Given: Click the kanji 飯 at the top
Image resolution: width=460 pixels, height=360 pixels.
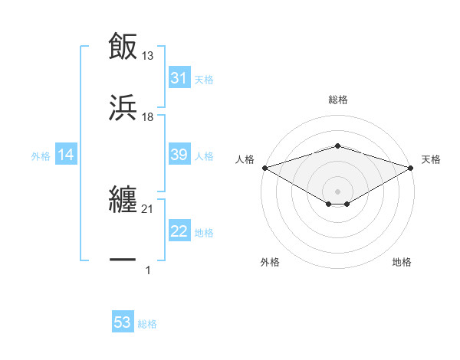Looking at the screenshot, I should click(123, 47).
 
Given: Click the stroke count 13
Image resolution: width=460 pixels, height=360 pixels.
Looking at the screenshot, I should click(148, 55).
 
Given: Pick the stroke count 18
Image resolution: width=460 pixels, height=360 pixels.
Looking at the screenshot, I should click(148, 116).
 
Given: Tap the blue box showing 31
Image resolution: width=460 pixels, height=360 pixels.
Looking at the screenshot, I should click(179, 78).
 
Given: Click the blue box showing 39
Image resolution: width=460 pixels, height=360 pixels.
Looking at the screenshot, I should click(179, 155).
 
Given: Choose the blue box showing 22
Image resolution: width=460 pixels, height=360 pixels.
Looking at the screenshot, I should click(179, 232).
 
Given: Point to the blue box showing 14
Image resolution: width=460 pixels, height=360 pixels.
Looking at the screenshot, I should click(66, 155).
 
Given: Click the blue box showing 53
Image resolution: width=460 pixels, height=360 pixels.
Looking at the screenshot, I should click(123, 322).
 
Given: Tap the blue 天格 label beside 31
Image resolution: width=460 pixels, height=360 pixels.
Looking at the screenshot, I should click(204, 80).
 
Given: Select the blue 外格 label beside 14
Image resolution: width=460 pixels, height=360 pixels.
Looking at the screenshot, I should click(41, 156).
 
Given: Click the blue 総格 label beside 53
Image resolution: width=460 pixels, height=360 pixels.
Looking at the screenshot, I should click(147, 324).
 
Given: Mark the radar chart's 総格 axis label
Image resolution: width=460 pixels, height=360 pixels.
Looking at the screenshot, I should click(338, 100).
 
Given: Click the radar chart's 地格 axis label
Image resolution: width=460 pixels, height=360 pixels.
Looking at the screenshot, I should click(402, 263).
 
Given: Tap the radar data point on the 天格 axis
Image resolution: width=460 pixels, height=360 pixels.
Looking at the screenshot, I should click(412, 168).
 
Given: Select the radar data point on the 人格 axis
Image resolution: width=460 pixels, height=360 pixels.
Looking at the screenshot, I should click(264, 168).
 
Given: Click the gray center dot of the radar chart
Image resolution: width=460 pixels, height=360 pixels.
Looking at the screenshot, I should click(338, 191).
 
